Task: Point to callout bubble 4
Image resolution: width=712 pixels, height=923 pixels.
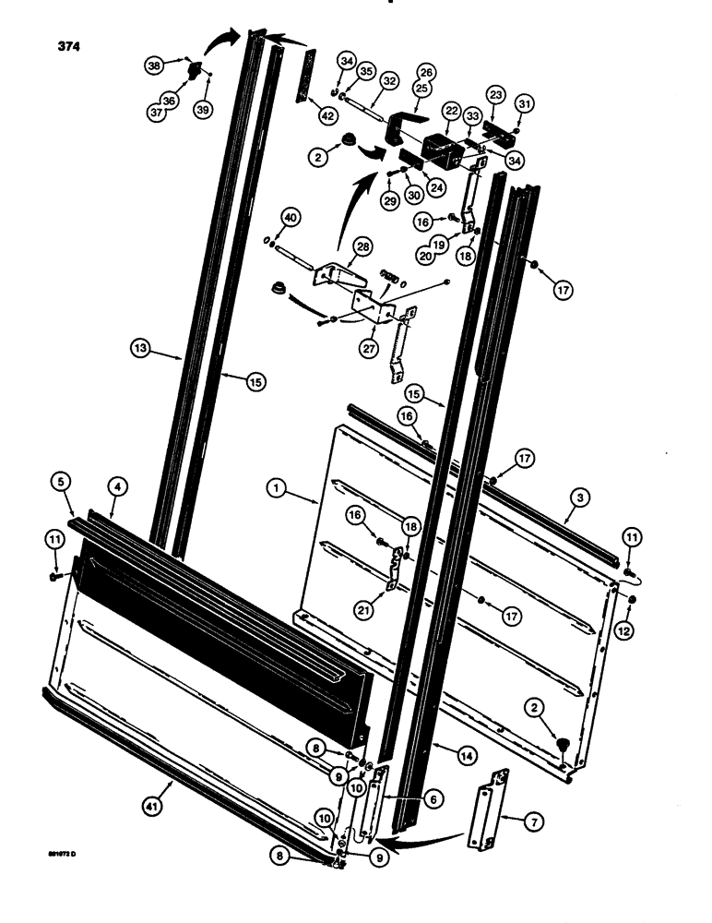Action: click(x=115, y=483)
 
